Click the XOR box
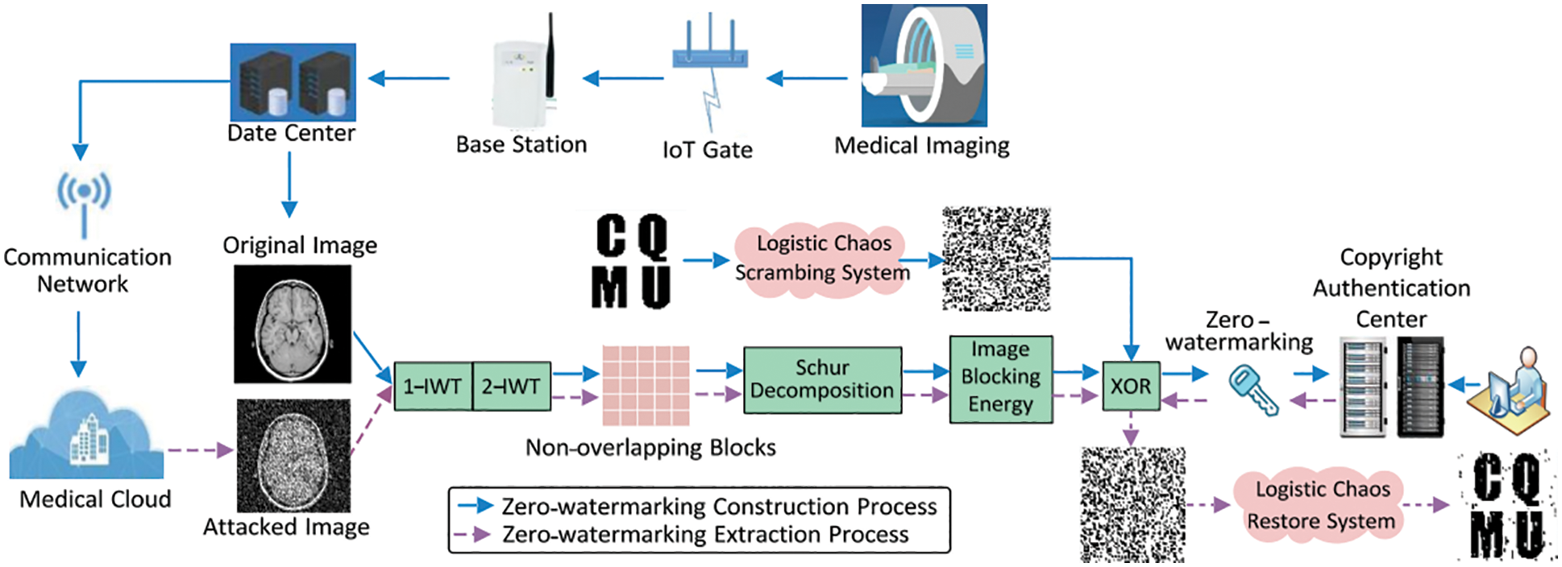[1131, 386]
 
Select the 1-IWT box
[433, 387]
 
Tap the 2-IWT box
[511, 387]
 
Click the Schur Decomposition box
[822, 380]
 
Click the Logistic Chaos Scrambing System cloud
[821, 259]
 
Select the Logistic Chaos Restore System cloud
[1321, 505]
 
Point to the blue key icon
[1253, 390]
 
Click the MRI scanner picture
[924, 66]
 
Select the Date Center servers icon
[293, 82]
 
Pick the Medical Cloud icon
[87, 439]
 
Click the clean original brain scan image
[293, 324]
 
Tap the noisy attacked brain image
[293, 455]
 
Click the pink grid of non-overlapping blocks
[646, 386]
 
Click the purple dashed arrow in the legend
[472, 535]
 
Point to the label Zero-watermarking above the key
[1238, 331]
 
